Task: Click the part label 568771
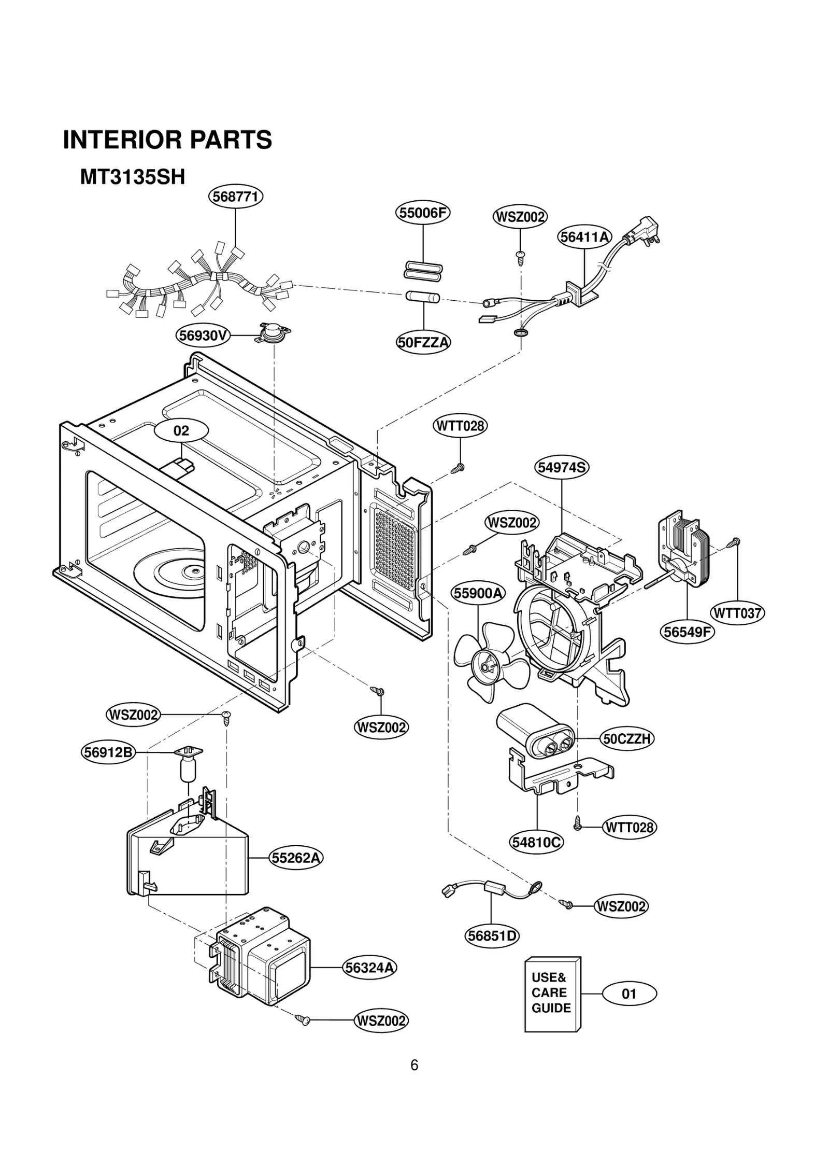click(x=236, y=197)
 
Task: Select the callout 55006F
click(x=423, y=213)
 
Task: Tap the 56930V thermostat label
click(x=203, y=336)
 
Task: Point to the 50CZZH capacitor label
click(x=627, y=738)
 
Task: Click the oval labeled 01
click(x=628, y=994)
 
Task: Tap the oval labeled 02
click(x=181, y=430)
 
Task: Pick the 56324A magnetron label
click(x=370, y=967)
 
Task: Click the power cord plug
click(x=645, y=231)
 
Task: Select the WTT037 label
click(x=737, y=613)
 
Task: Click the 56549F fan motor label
click(x=688, y=632)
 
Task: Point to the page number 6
click(x=414, y=1065)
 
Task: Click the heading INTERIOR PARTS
click(x=167, y=140)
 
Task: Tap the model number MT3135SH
click(x=133, y=177)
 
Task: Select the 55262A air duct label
click(x=296, y=858)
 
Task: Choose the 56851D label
click(x=492, y=935)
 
